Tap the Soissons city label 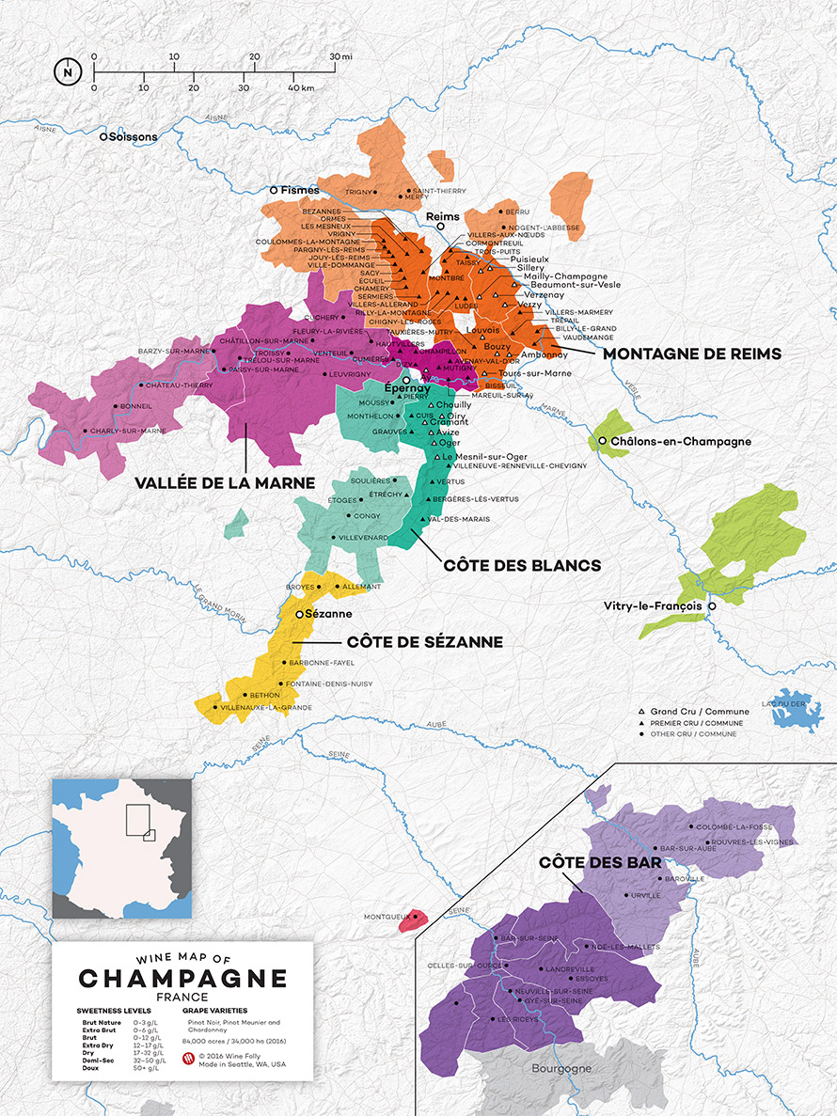tap(133, 137)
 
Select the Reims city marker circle tap(441, 227)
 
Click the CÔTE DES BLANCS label tap(522, 565)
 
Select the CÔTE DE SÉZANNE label tap(424, 642)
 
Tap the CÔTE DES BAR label tap(588, 862)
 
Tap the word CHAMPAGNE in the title tap(183, 979)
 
